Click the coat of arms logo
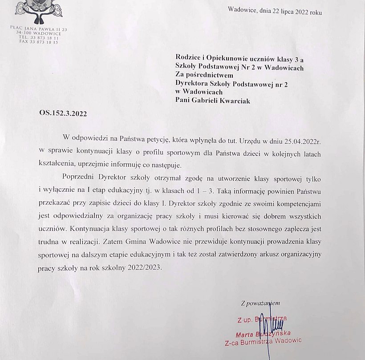39,11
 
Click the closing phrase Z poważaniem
260,303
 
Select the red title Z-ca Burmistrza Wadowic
263,341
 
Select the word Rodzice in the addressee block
188,59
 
